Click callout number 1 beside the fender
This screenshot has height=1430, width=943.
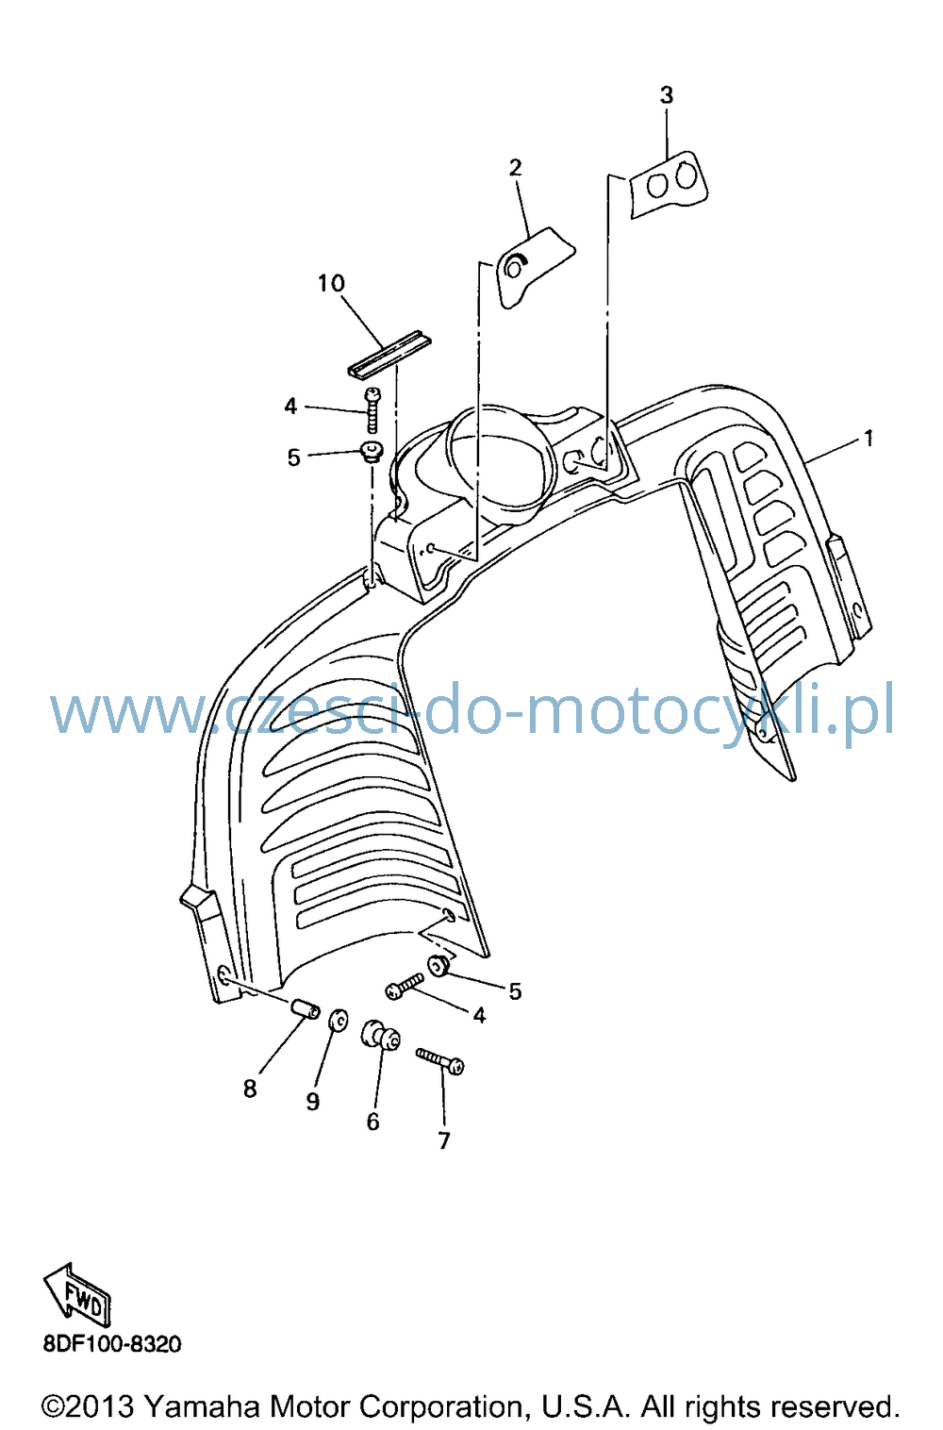tap(868, 439)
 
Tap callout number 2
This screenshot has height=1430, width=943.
tap(515, 167)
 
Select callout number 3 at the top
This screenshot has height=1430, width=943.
tap(666, 95)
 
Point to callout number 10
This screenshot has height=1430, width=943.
tap(331, 283)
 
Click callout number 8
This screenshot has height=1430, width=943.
tap(250, 1088)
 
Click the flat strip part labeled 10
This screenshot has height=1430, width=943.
tap(389, 354)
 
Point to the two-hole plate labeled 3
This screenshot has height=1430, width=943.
tap(669, 184)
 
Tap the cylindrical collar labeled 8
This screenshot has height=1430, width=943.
tap(305, 1009)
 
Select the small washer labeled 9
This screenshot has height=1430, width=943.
tap(339, 1020)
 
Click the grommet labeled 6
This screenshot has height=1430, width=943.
tap(381, 1036)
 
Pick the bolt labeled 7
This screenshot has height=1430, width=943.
tap(439, 1061)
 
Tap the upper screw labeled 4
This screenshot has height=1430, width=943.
tap(372, 410)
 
